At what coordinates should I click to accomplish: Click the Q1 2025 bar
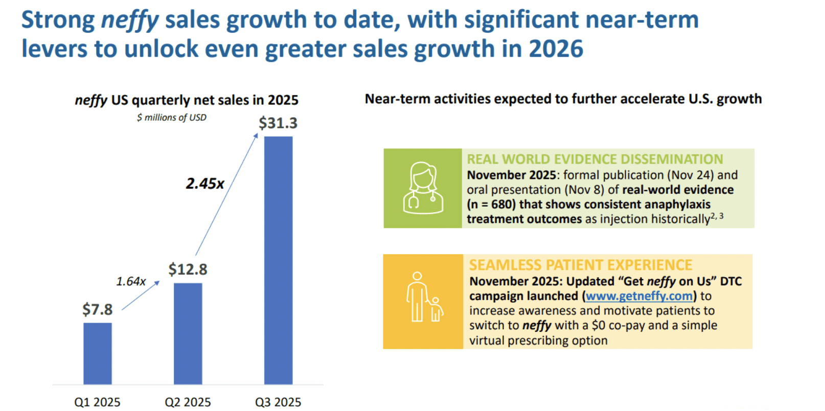point(97,353)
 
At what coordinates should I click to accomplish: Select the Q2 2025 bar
point(188,333)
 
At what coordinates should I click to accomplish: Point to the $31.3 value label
point(278,123)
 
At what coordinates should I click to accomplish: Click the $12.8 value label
point(188,269)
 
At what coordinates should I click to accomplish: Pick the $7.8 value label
point(97,309)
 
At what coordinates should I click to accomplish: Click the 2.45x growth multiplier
point(205,184)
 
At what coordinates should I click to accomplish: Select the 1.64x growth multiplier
point(131,282)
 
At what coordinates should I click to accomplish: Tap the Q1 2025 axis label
point(97,402)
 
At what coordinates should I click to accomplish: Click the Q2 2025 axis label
point(188,402)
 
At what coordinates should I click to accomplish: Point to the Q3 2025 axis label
point(278,402)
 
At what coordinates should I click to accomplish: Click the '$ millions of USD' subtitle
point(171,118)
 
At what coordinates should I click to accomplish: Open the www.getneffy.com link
point(639,296)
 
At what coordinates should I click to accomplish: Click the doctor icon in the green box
point(423,188)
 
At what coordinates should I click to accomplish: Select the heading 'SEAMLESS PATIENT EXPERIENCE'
point(581,265)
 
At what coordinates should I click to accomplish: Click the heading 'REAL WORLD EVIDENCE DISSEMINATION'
point(595,159)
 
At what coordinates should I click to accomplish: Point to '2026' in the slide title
point(556,49)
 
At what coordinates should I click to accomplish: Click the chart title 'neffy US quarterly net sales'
point(187,100)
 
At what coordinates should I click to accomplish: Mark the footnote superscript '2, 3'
point(717,216)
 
